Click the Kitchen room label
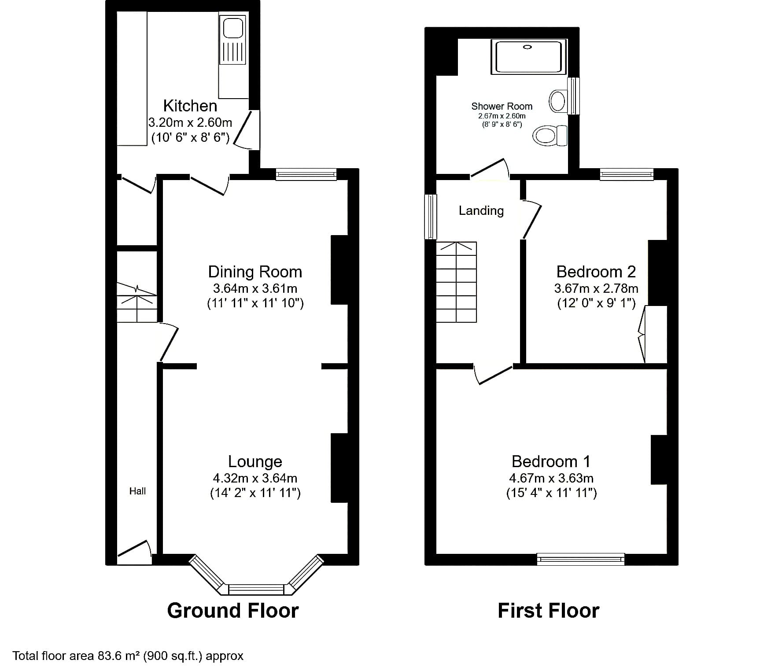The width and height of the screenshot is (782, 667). click(x=190, y=106)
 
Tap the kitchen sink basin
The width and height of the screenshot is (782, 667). click(x=233, y=28)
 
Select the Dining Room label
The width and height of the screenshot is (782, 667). click(x=255, y=272)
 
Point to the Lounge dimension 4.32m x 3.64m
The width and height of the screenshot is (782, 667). click(x=255, y=478)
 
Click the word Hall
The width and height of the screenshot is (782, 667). click(x=137, y=491)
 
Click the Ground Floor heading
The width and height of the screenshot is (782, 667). click(x=233, y=611)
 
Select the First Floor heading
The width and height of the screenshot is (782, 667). click(x=548, y=611)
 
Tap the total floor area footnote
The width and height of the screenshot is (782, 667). click(x=128, y=656)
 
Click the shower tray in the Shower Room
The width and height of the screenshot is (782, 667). click(x=528, y=56)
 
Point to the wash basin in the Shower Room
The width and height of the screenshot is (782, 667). click(x=558, y=101)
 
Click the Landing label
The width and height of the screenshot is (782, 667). click(x=481, y=210)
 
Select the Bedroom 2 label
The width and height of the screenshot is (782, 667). click(x=596, y=272)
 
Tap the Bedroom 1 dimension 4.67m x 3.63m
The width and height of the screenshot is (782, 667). click(x=551, y=478)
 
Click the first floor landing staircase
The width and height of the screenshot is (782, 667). click(x=456, y=282)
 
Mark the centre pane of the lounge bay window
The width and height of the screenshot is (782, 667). click(x=256, y=589)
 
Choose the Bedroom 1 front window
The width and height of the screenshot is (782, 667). click(x=581, y=559)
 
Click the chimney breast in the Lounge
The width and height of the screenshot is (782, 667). click(x=339, y=468)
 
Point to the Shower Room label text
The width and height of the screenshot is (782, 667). click(x=502, y=106)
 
